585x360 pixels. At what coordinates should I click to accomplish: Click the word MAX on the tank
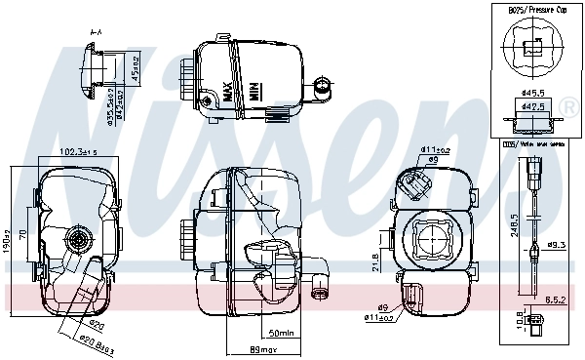tap(229, 93)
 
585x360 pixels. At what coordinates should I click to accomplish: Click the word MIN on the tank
tap(252, 92)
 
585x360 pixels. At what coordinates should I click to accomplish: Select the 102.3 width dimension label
tap(82, 152)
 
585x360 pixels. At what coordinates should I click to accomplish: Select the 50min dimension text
tap(281, 333)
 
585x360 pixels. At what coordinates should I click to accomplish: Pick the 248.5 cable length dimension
tap(515, 230)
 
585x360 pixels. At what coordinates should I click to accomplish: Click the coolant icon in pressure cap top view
tap(532, 45)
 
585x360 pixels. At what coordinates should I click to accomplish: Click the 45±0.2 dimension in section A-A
tap(135, 68)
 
